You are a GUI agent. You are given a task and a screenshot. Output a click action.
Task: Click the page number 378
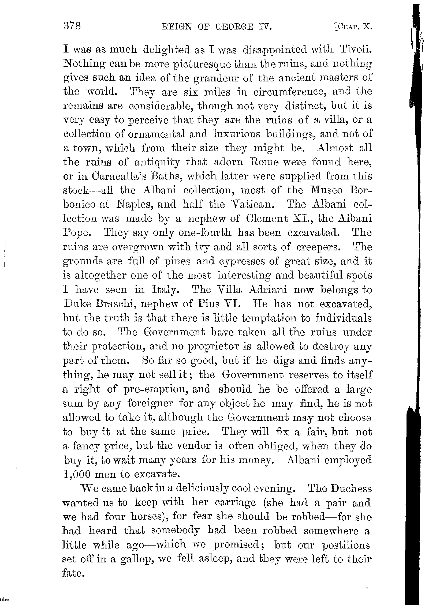(72, 27)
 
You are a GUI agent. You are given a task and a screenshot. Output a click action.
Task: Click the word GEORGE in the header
(234, 27)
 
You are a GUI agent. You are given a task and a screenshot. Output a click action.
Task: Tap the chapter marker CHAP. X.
(353, 27)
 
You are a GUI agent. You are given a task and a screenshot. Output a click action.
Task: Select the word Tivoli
(355, 50)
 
